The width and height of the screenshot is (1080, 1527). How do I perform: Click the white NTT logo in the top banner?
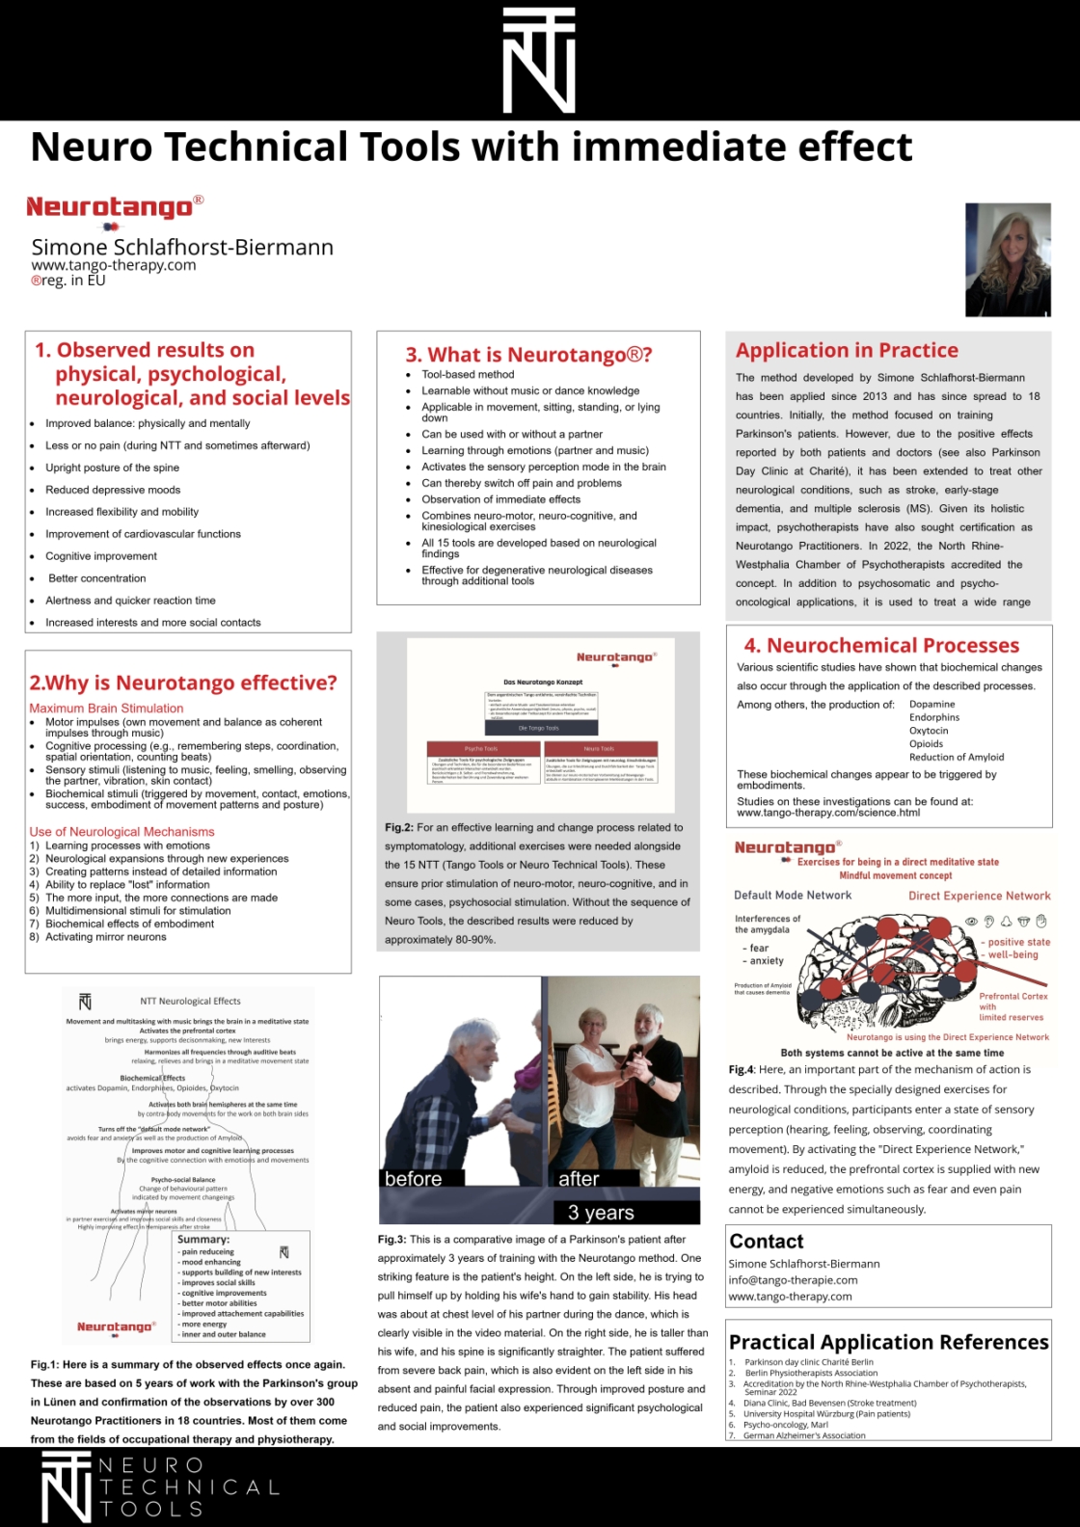tap(539, 61)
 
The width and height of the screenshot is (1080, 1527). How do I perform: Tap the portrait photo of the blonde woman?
tap(1008, 259)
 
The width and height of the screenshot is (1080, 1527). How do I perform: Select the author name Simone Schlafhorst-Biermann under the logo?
tap(182, 247)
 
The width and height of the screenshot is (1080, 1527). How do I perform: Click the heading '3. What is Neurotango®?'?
tap(528, 355)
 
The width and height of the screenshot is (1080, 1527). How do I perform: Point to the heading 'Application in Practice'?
tap(847, 350)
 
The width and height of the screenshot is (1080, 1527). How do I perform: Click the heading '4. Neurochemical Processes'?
tap(881, 645)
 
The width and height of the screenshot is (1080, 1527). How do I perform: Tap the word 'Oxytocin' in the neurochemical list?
tap(929, 731)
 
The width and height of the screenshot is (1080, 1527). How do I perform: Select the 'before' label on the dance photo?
tap(413, 1179)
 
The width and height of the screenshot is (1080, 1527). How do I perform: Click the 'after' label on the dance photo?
tap(579, 1179)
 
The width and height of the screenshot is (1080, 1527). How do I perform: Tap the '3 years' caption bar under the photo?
tap(601, 1213)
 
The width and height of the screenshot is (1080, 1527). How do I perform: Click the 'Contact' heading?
tap(767, 1242)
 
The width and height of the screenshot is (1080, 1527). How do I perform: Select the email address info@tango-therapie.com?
tap(793, 1280)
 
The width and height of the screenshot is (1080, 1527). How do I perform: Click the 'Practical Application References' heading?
tap(888, 1342)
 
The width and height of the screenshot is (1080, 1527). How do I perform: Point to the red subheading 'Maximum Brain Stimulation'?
tap(106, 708)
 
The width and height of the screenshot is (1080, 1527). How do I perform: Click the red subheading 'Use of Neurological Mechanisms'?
tap(121, 831)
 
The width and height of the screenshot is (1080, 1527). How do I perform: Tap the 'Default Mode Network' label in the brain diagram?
tap(793, 896)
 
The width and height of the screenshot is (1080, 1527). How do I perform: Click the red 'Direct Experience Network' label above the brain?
tap(979, 896)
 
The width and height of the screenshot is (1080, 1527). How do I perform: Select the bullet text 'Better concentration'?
tap(97, 578)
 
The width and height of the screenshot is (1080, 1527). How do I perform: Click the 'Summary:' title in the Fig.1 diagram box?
tap(203, 1239)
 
